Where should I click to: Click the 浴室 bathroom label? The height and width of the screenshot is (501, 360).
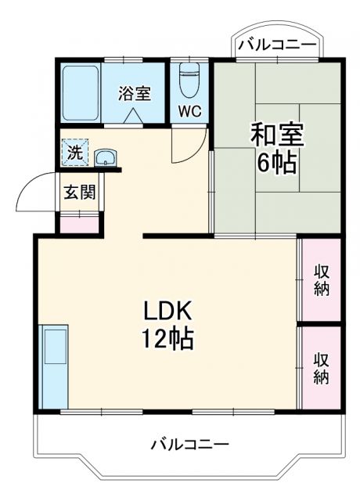click(134, 92)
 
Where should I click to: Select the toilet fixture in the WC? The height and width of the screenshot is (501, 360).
click(190, 78)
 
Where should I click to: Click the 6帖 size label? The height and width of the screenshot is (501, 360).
click(277, 164)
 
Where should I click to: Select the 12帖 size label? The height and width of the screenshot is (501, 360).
click(167, 341)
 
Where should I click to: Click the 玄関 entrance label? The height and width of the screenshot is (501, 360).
click(80, 192)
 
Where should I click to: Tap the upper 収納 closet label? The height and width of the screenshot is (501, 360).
click(321, 279)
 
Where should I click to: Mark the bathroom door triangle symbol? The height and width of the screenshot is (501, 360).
click(134, 116)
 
